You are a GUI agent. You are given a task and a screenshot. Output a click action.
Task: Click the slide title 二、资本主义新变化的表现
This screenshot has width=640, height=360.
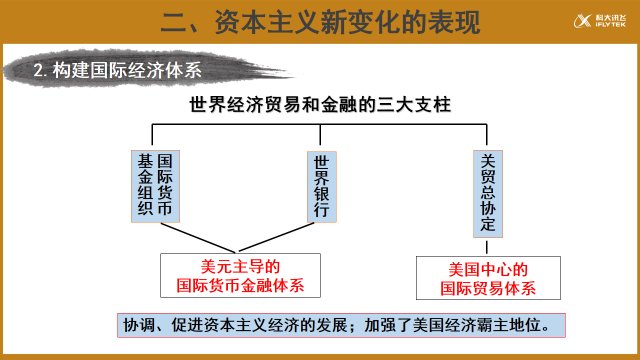[320, 21]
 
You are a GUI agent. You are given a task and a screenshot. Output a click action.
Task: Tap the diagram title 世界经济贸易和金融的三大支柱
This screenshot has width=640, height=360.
[319, 105]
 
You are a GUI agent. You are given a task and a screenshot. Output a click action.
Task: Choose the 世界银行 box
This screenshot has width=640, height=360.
[321, 186]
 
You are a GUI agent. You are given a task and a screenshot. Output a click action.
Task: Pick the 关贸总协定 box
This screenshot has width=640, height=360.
[487, 193]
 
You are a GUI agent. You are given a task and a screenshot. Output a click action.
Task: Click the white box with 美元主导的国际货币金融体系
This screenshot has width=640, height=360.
[240, 275]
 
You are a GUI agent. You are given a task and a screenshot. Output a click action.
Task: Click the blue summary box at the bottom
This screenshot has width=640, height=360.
[343, 326]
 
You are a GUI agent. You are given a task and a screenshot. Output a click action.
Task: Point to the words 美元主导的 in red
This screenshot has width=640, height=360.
[240, 265]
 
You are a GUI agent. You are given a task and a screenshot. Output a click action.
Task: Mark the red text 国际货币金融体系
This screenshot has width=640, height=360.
[240, 286]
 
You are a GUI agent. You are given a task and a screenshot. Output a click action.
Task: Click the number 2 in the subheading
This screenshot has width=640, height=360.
[38, 69]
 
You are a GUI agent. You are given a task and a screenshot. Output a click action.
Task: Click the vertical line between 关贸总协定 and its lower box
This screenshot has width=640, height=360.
[487, 247]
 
